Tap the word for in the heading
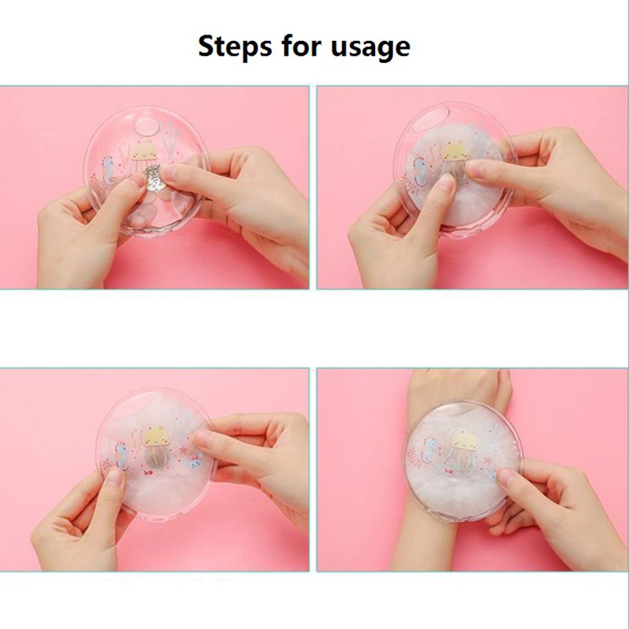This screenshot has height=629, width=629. (x=302, y=46)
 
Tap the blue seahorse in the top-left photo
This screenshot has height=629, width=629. (x=109, y=169)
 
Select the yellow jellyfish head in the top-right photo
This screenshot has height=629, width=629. (x=454, y=152)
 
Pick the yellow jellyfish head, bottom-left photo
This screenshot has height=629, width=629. (x=155, y=436)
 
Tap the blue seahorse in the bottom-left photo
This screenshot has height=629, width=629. (x=122, y=455)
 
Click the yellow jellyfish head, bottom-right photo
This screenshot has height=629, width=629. (x=464, y=440)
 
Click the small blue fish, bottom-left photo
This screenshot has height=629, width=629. (x=195, y=463)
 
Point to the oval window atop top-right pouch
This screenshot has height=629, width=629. (x=429, y=120)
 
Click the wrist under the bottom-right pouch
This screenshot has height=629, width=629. (x=430, y=542)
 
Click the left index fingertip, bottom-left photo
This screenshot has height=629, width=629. (x=113, y=476)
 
